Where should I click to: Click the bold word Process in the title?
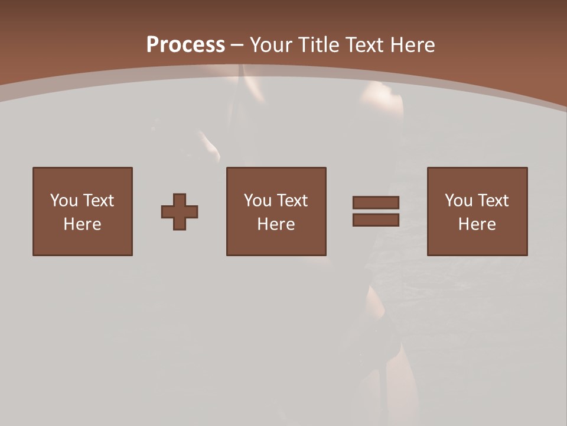point(185,45)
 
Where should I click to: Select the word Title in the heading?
point(319,45)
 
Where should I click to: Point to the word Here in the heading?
point(413,45)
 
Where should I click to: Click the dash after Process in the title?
point(237,46)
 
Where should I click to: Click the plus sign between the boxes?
point(180,212)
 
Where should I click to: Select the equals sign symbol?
point(376,211)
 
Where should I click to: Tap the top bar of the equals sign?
point(376,203)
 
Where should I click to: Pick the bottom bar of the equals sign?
point(376,220)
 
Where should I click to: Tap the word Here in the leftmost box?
point(83,224)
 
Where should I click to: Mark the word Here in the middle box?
point(276,224)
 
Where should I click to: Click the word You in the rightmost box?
point(459,201)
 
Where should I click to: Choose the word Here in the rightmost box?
point(477,224)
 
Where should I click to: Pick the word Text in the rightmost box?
point(493,201)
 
